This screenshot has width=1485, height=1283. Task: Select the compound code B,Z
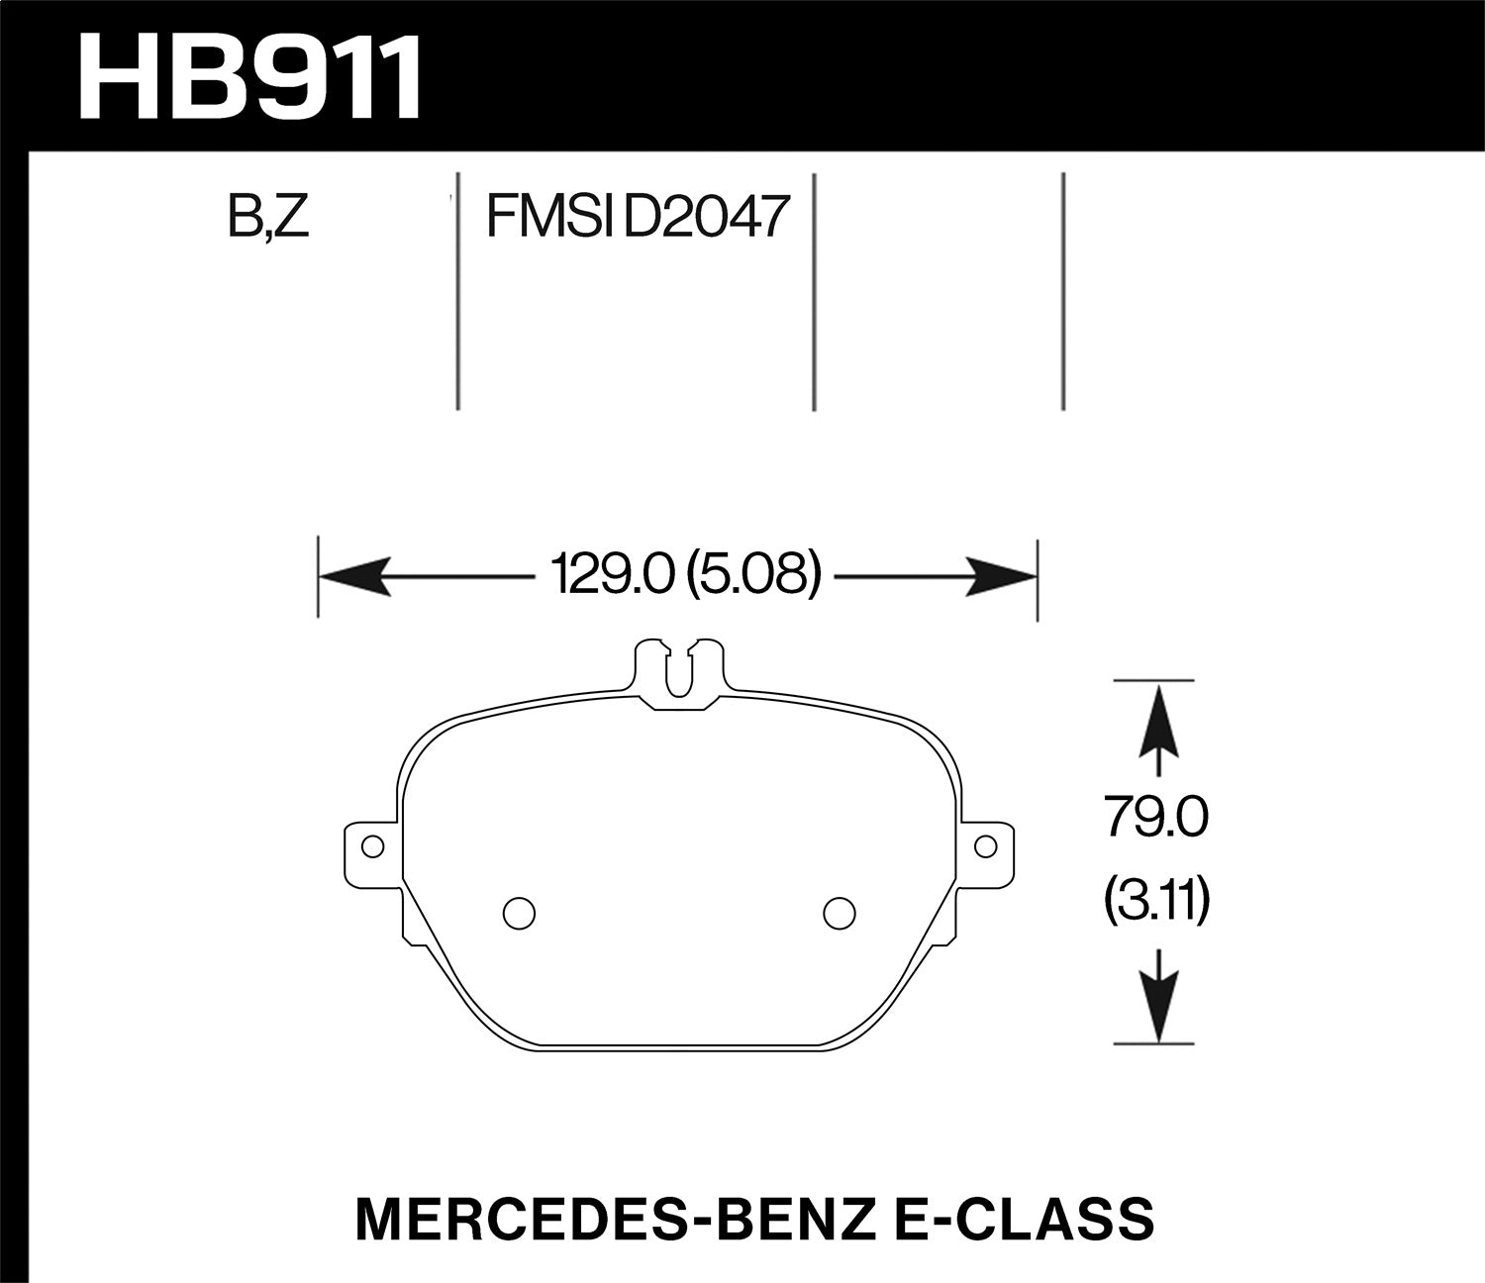pyautogui.click(x=268, y=217)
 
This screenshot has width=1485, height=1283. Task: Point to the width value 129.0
pyautogui.click(x=605, y=576)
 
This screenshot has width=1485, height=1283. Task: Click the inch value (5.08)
pyautogui.click(x=752, y=576)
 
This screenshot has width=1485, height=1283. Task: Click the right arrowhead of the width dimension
pyautogui.click(x=1000, y=576)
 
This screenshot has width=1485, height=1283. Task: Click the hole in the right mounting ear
pyautogui.click(x=984, y=846)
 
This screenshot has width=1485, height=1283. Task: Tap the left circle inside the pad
pyautogui.click(x=515, y=912)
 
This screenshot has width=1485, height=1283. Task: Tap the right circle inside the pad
pyautogui.click(x=839, y=912)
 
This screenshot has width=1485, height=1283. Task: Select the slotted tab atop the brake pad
pyautogui.click(x=678, y=668)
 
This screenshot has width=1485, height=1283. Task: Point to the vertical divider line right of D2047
pyautogui.click(x=813, y=292)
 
